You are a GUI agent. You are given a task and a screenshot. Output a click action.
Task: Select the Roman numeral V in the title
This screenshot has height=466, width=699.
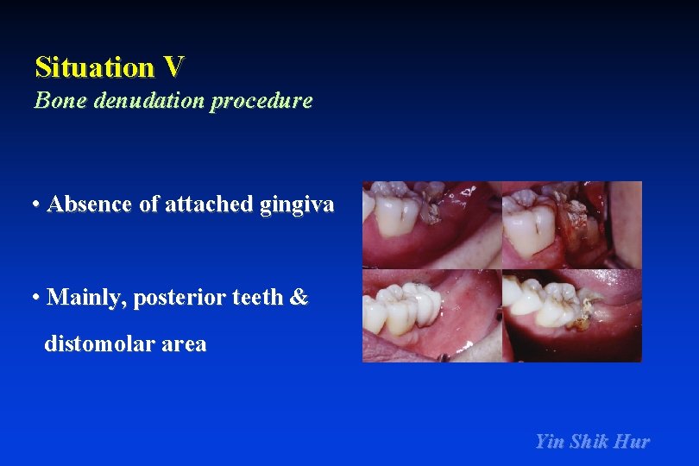[x=173, y=66]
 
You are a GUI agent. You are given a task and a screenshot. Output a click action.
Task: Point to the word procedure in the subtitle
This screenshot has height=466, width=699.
[x=261, y=101]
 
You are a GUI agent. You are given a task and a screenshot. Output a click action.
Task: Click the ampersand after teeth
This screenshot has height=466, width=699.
[x=299, y=298]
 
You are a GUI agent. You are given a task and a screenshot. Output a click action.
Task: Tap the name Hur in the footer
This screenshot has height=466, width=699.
[x=632, y=442]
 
